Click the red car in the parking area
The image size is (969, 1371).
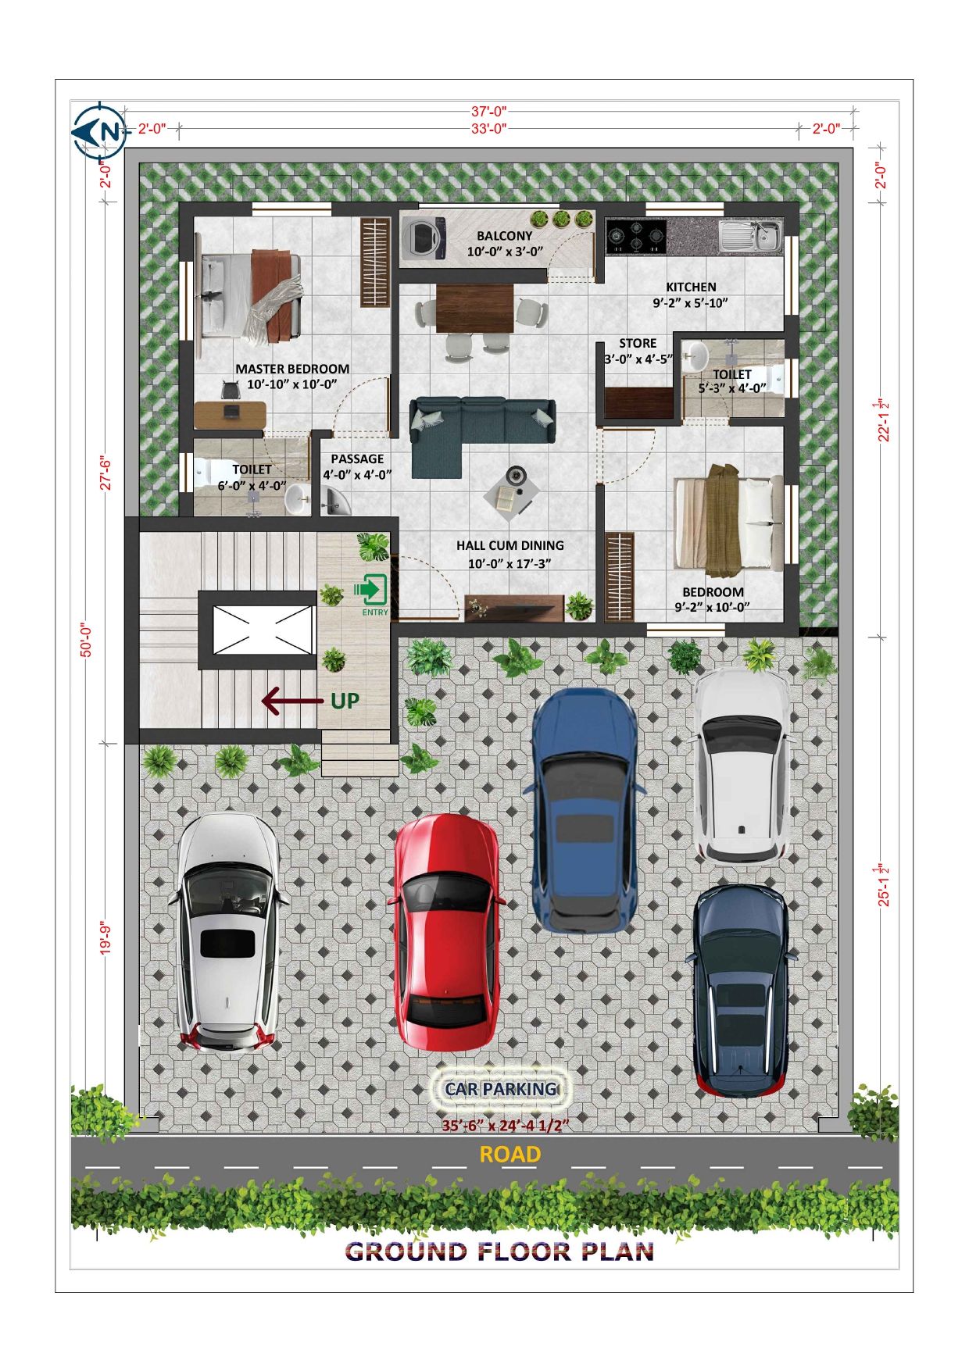click(447, 932)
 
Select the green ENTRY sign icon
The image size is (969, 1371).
click(371, 590)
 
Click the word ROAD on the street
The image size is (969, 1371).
click(510, 1154)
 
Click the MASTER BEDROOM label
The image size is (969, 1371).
click(292, 369)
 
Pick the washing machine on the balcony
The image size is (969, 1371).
click(424, 238)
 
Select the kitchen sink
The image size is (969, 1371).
click(751, 235)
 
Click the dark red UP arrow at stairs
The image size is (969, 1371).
click(292, 701)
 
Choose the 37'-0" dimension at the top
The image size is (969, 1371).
click(489, 112)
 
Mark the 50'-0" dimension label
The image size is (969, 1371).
click(87, 640)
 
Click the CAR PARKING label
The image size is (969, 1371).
click(501, 1088)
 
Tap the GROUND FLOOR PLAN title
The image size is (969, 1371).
click(500, 1251)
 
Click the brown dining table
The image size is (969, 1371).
click(475, 309)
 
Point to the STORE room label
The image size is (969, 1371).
click(638, 343)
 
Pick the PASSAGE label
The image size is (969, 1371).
click(357, 459)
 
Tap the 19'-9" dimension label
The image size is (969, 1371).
click(105, 938)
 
